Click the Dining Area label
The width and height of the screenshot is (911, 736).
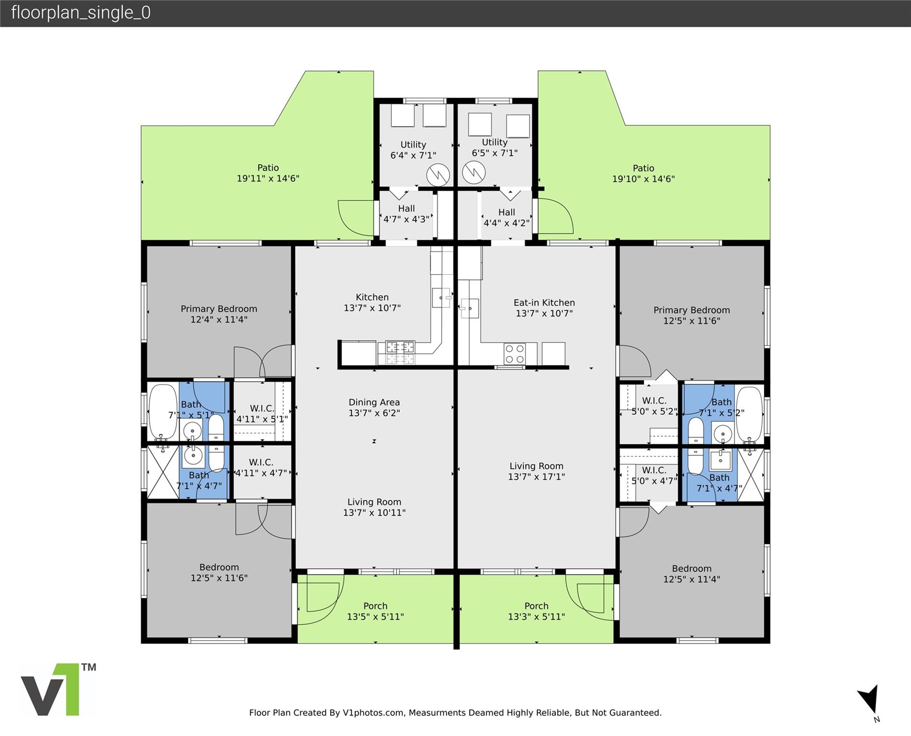374,408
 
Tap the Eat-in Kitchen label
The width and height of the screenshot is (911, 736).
544,308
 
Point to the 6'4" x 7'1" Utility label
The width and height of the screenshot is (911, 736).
413,150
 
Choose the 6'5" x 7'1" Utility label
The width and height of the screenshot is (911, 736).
495,148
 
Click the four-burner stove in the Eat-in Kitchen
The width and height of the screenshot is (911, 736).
514,354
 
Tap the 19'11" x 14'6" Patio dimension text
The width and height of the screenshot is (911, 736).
268,179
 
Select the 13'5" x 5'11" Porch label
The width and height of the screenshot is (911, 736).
375,611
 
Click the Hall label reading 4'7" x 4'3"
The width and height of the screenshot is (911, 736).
406,214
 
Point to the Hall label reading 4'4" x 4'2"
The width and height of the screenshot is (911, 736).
506,218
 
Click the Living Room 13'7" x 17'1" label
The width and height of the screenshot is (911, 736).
537,471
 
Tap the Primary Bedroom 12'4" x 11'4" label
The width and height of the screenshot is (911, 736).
219,314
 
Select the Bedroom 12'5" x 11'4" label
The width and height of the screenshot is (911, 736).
691,574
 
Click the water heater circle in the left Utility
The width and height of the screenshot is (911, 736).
438,175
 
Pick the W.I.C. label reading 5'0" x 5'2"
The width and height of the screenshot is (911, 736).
654,406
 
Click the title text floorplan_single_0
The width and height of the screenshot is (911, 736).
81,12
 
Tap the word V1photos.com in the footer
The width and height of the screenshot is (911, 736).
373,713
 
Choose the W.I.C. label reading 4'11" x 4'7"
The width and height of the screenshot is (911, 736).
261,468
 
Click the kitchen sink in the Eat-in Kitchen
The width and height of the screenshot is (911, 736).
469,308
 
